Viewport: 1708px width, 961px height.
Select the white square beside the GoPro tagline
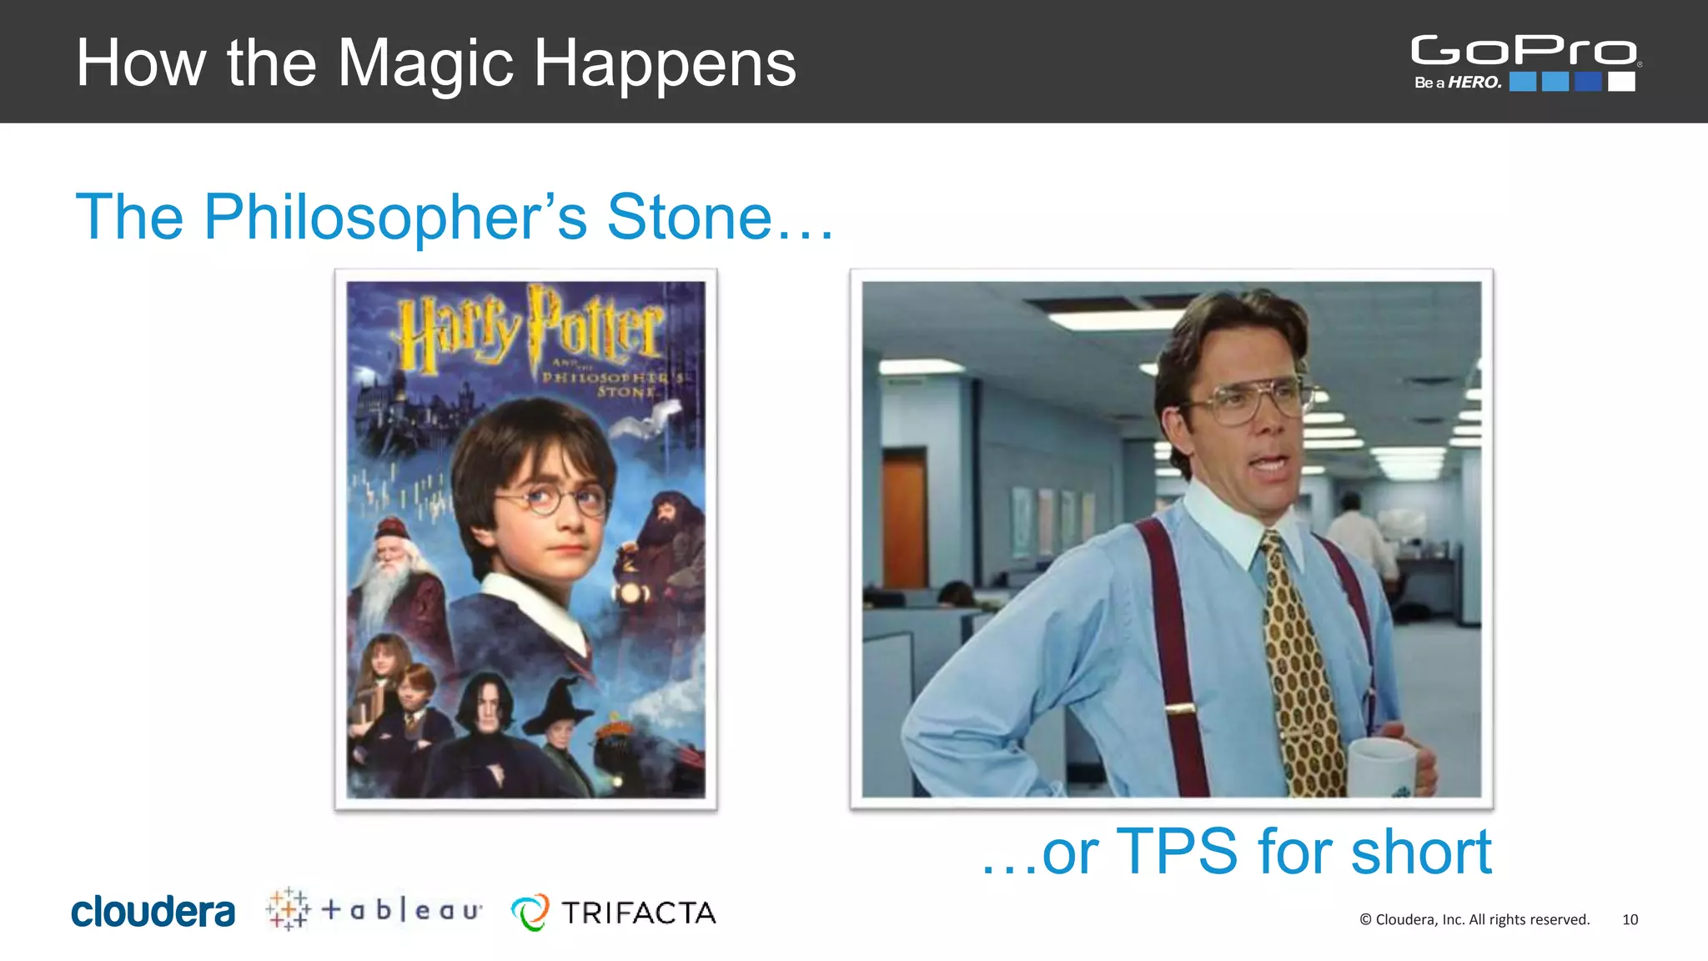[x=1621, y=82]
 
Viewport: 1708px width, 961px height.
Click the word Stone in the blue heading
[x=690, y=217]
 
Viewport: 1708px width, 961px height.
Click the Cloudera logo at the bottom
[x=153, y=912]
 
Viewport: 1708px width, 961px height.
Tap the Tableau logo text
[x=401, y=909]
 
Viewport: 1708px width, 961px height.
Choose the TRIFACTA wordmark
[x=638, y=913]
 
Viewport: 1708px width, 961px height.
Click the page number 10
[x=1630, y=919]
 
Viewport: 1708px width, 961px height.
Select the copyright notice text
[x=1474, y=919]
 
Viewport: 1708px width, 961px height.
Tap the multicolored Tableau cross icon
[x=288, y=908]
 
